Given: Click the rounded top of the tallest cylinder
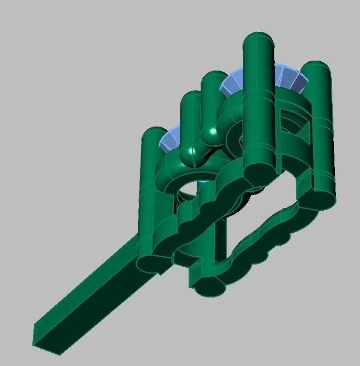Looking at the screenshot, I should pyautogui.click(x=258, y=39).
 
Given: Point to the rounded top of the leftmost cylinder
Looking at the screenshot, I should pyautogui.click(x=154, y=133).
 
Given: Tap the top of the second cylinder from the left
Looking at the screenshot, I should pyautogui.click(x=191, y=97).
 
